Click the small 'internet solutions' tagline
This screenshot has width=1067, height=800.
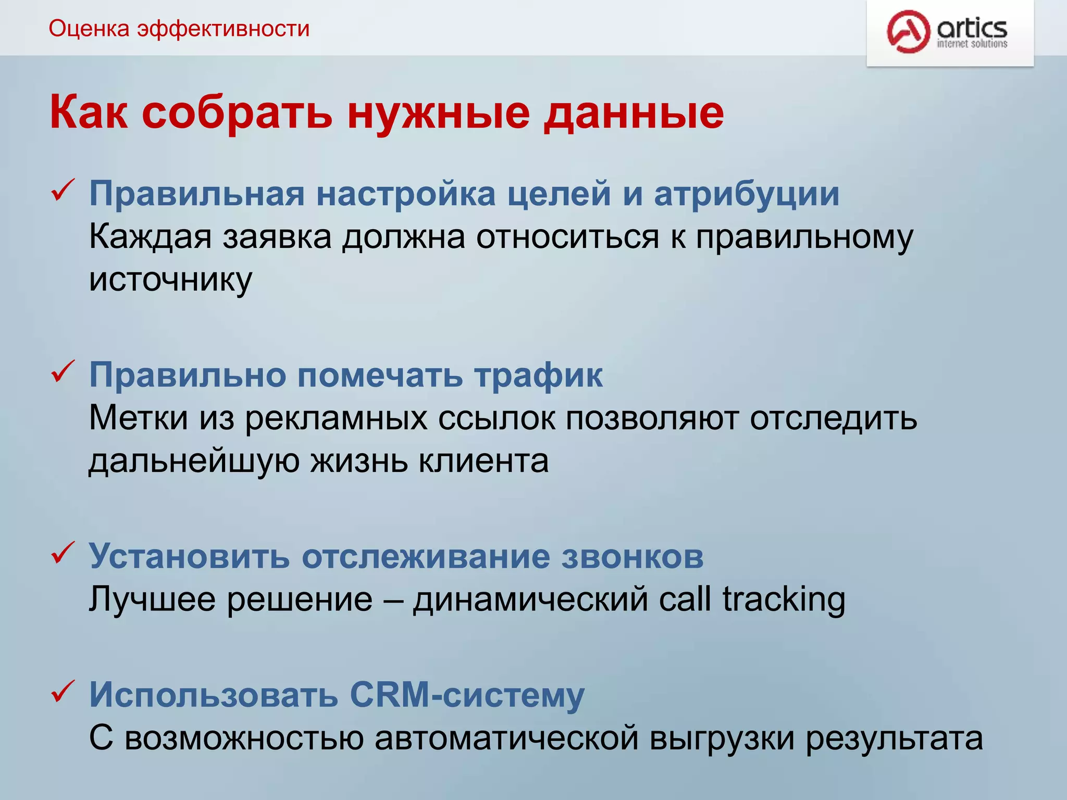click(972, 44)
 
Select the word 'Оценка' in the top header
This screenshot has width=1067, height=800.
click(89, 29)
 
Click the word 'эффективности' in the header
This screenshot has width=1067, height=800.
click(224, 29)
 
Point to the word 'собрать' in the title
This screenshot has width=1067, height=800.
click(237, 113)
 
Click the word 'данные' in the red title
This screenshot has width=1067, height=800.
click(634, 113)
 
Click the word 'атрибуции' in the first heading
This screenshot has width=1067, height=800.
click(747, 194)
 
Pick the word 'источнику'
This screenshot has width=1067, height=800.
click(170, 280)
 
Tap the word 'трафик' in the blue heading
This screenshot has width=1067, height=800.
click(538, 375)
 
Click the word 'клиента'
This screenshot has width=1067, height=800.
click(483, 460)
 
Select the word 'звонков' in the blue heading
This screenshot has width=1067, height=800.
click(632, 556)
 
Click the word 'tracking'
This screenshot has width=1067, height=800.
click(784, 599)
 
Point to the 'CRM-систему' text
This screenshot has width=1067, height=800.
click(467, 695)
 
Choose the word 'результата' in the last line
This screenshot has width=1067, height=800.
click(894, 739)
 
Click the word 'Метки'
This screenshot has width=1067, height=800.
click(138, 418)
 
